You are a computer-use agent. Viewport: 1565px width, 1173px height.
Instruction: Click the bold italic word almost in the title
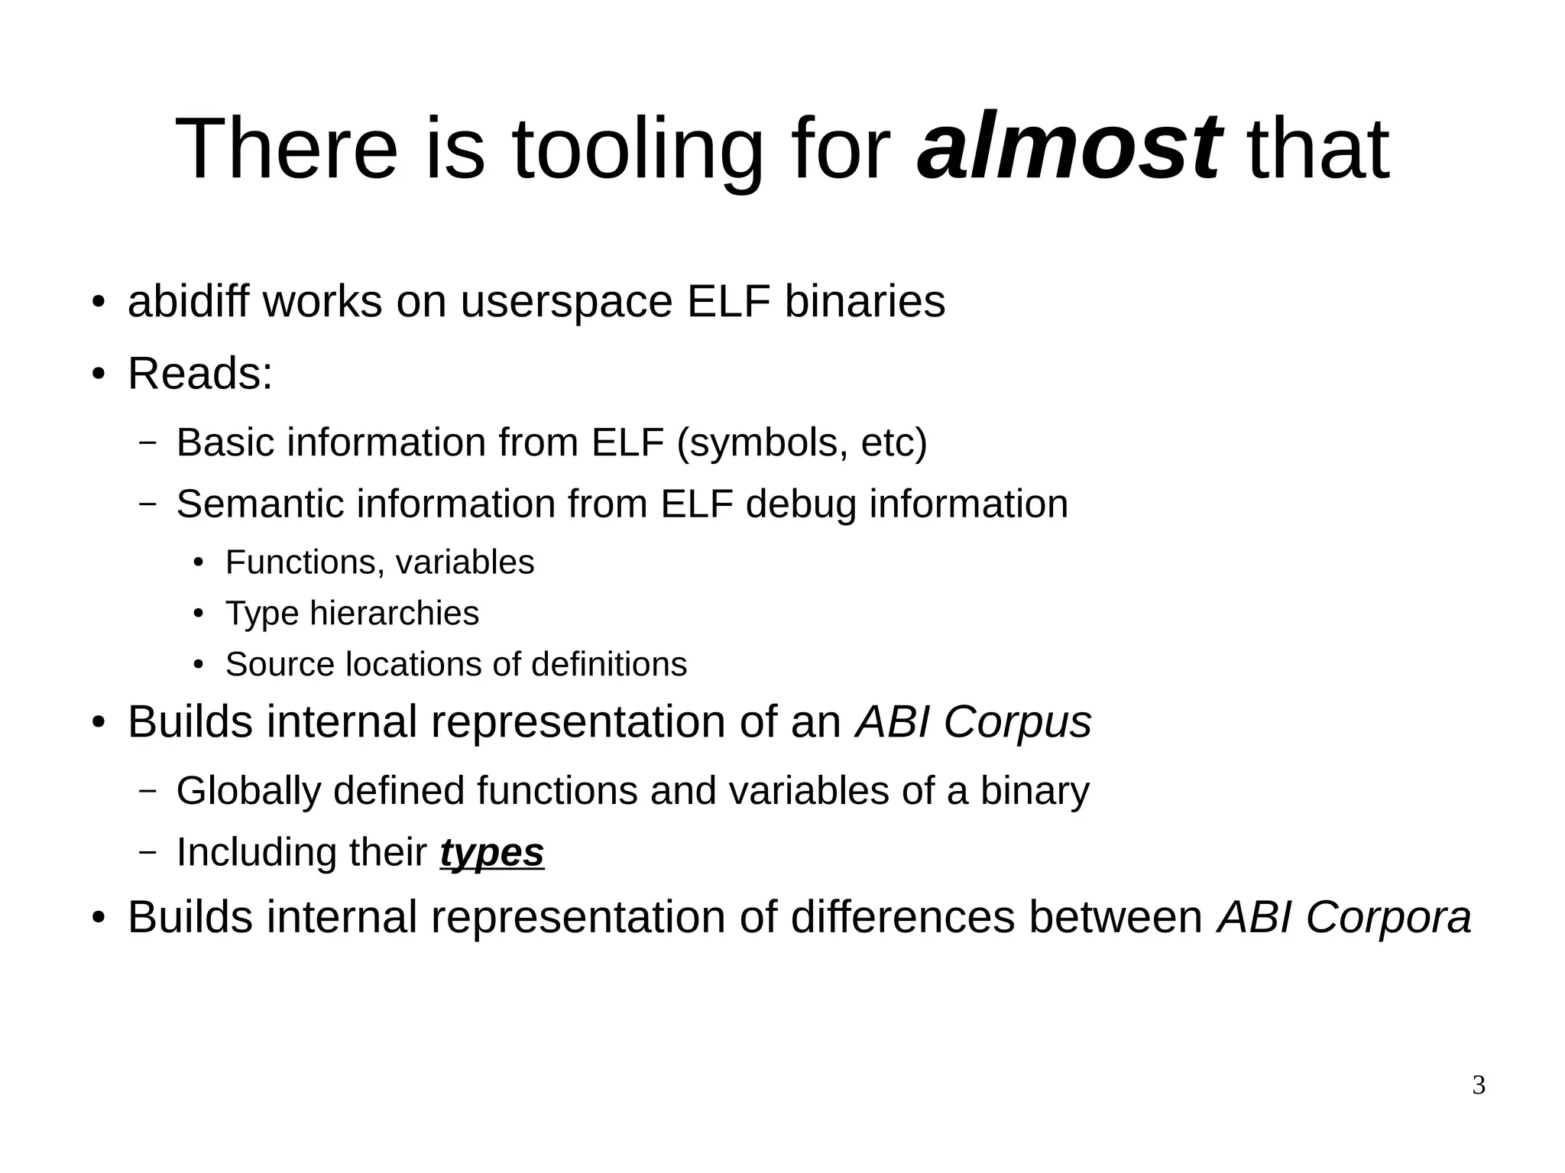point(1068,147)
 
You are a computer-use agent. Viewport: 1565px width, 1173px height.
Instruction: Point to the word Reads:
point(199,374)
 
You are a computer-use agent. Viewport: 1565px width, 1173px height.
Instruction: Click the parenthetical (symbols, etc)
point(802,442)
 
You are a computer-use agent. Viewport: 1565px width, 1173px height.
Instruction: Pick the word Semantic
point(260,504)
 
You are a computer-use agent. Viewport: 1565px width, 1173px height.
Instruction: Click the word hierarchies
point(394,614)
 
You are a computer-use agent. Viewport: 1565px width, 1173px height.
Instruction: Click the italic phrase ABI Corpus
point(974,721)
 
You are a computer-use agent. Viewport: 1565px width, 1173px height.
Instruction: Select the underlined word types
point(491,854)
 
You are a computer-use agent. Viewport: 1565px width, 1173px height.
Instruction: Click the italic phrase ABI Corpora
point(1343,917)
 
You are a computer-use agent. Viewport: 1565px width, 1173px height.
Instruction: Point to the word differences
point(902,917)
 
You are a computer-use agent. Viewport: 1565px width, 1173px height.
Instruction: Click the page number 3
point(1479,1085)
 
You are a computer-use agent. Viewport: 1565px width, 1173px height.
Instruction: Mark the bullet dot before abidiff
point(97,302)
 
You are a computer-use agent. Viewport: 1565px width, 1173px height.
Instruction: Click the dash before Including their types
point(147,852)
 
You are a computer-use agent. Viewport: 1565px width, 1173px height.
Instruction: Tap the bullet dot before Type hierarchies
point(199,614)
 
